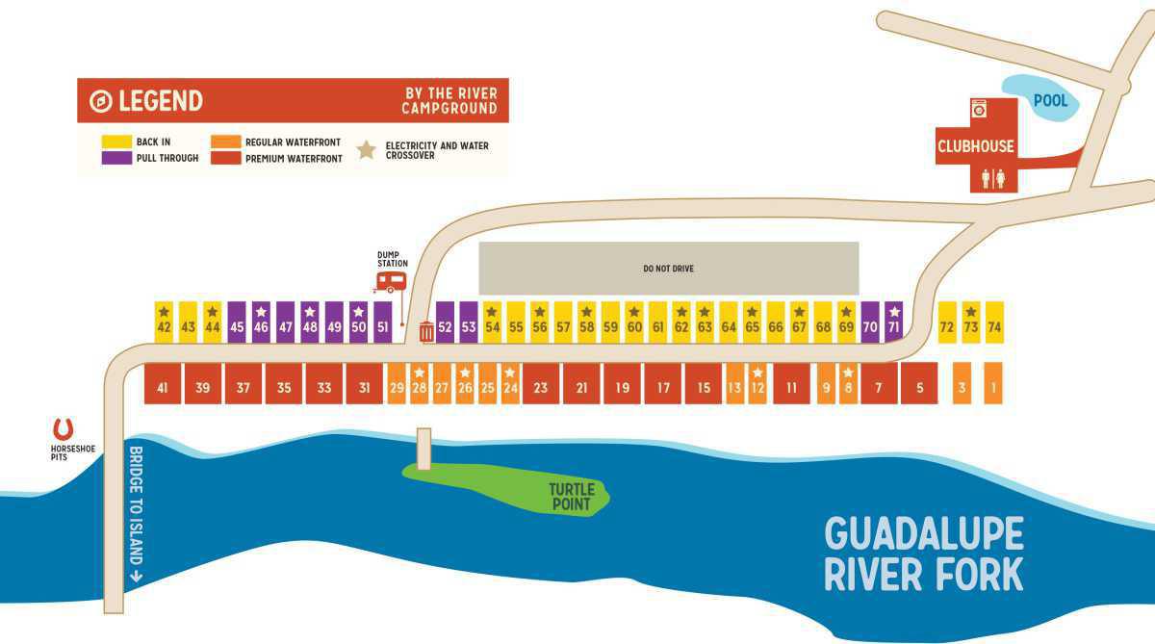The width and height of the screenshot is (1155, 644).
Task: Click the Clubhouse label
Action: click(976, 147)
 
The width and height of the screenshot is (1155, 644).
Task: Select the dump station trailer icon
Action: click(390, 281)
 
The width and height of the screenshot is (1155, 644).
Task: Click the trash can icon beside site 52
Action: click(426, 333)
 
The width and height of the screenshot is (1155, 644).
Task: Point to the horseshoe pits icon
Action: click(64, 429)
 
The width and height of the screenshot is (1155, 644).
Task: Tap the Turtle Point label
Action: click(572, 497)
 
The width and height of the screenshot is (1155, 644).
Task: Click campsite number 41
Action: click(162, 387)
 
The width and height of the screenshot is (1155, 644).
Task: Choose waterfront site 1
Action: click(993, 387)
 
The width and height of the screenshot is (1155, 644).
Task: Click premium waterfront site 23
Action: click(541, 387)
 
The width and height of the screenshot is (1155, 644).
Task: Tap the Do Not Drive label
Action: click(668, 269)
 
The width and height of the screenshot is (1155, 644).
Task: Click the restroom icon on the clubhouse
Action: click(993, 178)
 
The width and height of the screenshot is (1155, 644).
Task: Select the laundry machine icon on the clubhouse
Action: click(980, 109)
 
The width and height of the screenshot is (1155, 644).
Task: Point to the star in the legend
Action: click(367, 150)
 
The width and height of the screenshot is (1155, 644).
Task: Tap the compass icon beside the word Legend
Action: click(100, 101)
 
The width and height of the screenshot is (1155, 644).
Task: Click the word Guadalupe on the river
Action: click(924, 534)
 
